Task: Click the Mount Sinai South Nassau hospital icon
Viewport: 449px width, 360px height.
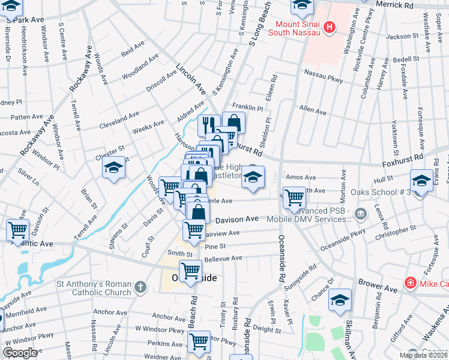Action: [x=328, y=27]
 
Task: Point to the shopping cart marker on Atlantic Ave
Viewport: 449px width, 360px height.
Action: [x=18, y=229]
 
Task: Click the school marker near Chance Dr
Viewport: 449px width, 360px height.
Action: [x=340, y=299]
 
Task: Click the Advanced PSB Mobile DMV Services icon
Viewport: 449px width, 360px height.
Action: [x=360, y=212]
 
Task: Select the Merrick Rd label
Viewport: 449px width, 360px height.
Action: [x=411, y=4]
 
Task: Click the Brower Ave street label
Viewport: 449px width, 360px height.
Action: [x=378, y=289]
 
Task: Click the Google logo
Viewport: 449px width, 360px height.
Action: [x=19, y=353]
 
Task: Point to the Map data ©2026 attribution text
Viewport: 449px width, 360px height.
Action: [x=424, y=355]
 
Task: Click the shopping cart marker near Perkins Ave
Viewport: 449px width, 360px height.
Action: [x=199, y=341]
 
